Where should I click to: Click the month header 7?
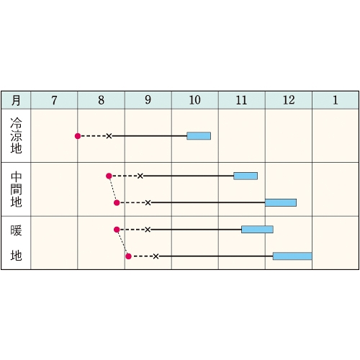[x=54, y=100]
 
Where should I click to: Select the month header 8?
[x=102, y=100]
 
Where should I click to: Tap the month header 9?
[x=148, y=100]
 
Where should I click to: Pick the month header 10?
[x=195, y=100]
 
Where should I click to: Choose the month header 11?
[x=241, y=100]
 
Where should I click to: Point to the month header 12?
[x=289, y=100]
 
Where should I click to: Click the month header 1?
[x=336, y=100]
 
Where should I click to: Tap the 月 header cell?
[x=16, y=100]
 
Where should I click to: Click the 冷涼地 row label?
[x=16, y=135]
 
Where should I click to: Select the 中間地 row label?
[x=16, y=189]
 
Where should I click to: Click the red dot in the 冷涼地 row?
[x=78, y=136]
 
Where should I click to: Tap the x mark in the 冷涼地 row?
[x=109, y=136]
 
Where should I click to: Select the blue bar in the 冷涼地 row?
[x=199, y=136]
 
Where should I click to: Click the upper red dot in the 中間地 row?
[x=109, y=176]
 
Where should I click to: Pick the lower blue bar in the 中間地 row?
[x=281, y=202]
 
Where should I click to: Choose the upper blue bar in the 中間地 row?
[x=246, y=176]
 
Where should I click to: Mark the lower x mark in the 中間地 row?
[x=148, y=203]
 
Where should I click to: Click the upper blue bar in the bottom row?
[x=257, y=230]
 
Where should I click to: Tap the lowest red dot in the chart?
[x=128, y=256]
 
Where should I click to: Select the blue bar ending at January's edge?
[x=292, y=256]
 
